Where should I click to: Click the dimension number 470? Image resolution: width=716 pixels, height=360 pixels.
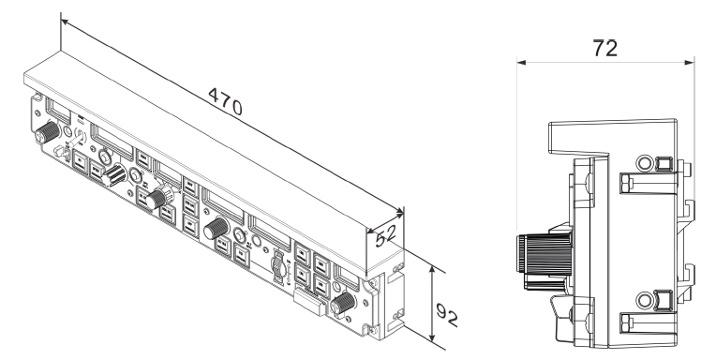225,101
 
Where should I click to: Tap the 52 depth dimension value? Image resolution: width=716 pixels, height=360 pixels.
385,235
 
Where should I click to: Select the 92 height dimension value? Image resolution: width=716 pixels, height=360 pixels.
446,314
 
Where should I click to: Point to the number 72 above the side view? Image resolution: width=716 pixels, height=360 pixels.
605,48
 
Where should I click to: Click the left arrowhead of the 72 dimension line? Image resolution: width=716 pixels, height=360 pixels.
521,63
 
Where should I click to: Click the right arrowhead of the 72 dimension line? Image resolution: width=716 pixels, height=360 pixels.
689,63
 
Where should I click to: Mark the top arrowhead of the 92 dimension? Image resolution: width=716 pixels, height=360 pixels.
432,271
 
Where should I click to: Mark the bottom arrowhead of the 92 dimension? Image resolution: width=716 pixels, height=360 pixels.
432,337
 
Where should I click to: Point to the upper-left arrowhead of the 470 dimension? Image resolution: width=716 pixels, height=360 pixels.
65,22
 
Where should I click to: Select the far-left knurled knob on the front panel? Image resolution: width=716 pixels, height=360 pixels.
47,132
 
